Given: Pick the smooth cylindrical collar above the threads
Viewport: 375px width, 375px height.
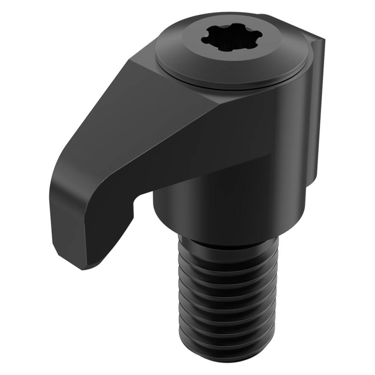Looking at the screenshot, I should tap(229, 211).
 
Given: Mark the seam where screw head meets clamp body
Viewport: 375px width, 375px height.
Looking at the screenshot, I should tap(229, 87).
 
